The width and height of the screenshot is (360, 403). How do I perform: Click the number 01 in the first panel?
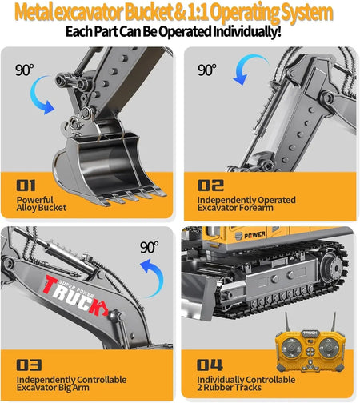point(26,186)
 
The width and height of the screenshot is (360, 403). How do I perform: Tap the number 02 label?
point(210,186)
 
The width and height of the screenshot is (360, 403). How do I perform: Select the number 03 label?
point(29,365)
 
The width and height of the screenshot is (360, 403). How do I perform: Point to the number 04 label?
point(210,365)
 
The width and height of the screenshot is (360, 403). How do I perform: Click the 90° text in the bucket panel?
point(25,70)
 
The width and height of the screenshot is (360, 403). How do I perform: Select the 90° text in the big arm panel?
point(150,247)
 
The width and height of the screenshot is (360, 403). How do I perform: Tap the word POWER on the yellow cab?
point(254,235)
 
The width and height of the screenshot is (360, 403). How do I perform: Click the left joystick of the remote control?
point(291,348)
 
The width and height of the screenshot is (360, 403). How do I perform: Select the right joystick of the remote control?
point(328,348)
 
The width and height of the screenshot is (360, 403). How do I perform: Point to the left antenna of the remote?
point(287,321)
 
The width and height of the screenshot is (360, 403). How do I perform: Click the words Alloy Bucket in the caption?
point(42,208)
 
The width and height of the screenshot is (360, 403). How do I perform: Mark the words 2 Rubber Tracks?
point(230,387)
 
